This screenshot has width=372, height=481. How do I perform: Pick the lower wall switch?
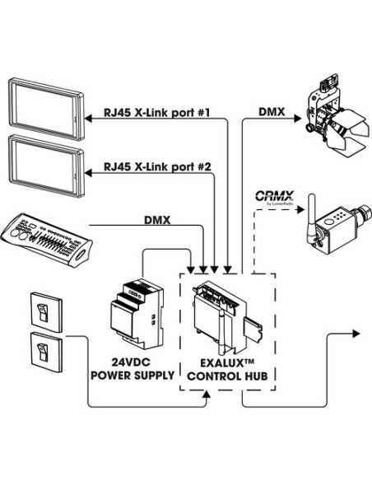pos(46,352)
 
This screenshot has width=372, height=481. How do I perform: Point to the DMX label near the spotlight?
pos(272,110)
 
